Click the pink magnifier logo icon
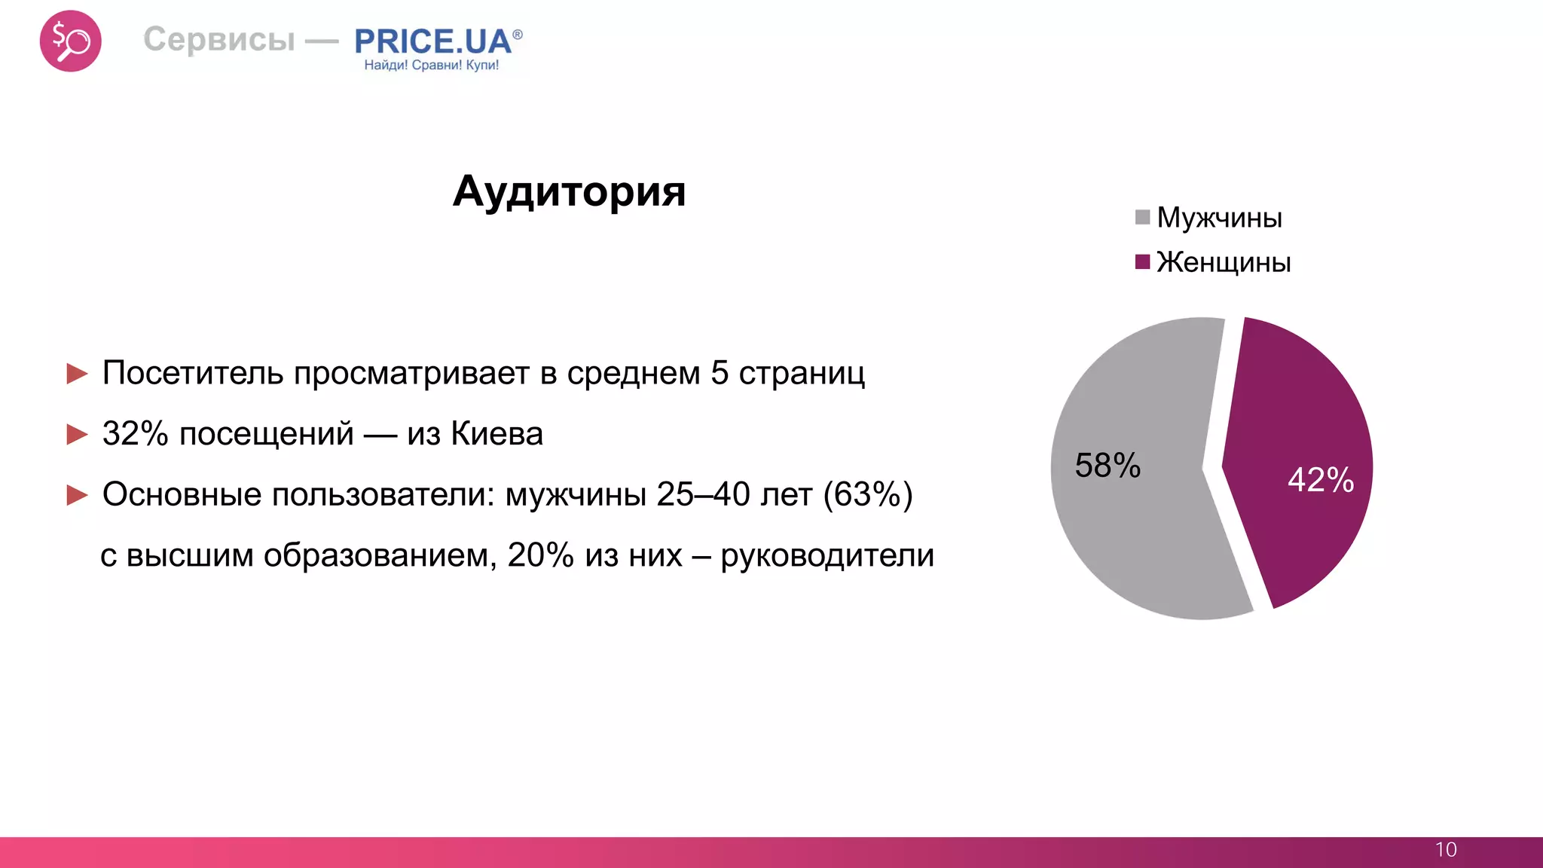coord(70,41)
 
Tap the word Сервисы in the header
coord(219,39)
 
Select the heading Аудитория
coord(569,191)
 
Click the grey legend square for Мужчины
coord(1142,217)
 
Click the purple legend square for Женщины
coord(1142,261)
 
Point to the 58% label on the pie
coord(1108,466)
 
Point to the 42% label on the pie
coord(1321,480)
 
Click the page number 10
coord(1446,850)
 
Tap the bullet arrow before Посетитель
coord(77,373)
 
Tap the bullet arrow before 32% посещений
coord(77,434)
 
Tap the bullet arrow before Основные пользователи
coord(77,495)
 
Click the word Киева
coord(497,434)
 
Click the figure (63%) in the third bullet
coord(868,495)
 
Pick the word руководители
coord(827,556)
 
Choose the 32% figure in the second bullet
coord(135,434)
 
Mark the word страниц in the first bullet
coord(802,373)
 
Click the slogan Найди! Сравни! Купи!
coord(432,66)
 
